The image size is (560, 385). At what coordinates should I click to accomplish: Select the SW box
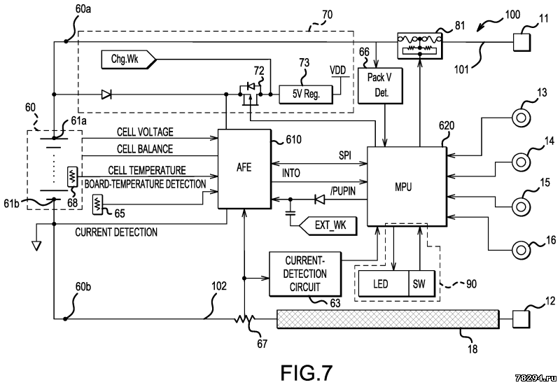(x=420, y=283)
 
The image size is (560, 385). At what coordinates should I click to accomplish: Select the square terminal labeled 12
(x=523, y=319)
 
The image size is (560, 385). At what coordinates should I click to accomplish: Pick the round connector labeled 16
(x=522, y=250)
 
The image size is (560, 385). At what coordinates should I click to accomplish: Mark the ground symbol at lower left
(x=37, y=246)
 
